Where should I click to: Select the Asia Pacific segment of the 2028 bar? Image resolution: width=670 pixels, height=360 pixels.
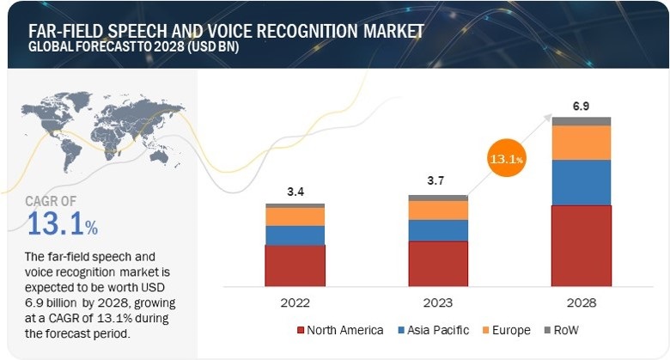582,182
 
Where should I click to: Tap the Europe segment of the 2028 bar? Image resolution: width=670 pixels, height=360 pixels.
582,143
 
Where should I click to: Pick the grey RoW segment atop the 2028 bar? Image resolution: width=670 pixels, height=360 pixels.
582,121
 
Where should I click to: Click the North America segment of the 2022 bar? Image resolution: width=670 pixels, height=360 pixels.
295,265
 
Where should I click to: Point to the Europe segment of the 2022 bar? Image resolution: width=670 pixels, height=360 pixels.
295,217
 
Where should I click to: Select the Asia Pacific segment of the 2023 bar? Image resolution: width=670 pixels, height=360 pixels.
438,230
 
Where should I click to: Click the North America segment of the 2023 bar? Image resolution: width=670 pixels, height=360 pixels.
438,263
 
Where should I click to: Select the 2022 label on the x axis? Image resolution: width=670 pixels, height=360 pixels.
295,302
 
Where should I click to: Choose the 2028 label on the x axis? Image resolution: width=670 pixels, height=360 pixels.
582,302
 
